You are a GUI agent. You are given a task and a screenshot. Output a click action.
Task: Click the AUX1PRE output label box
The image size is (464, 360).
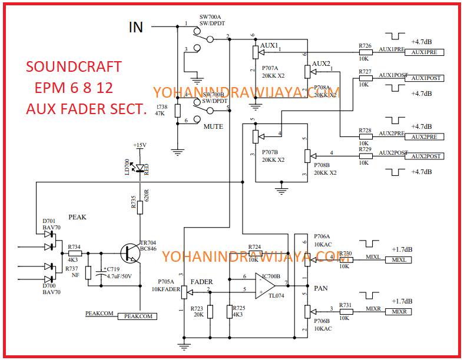point(423,52)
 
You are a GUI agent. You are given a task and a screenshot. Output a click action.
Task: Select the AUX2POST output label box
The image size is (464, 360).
point(423,156)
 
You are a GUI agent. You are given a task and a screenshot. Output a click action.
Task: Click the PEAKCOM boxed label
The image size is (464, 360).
point(138,316)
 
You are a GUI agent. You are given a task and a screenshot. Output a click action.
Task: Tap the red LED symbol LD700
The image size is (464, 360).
point(140,166)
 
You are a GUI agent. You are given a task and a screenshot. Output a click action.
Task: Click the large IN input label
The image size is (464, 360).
point(135,27)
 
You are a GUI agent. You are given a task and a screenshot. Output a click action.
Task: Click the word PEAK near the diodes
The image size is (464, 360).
point(77,217)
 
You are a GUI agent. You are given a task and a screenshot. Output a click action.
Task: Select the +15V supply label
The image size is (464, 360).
point(139,145)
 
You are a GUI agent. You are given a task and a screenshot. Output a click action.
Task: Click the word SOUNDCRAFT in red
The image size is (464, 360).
point(74,66)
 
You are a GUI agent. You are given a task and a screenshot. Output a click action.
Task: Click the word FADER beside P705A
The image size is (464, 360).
point(201,282)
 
